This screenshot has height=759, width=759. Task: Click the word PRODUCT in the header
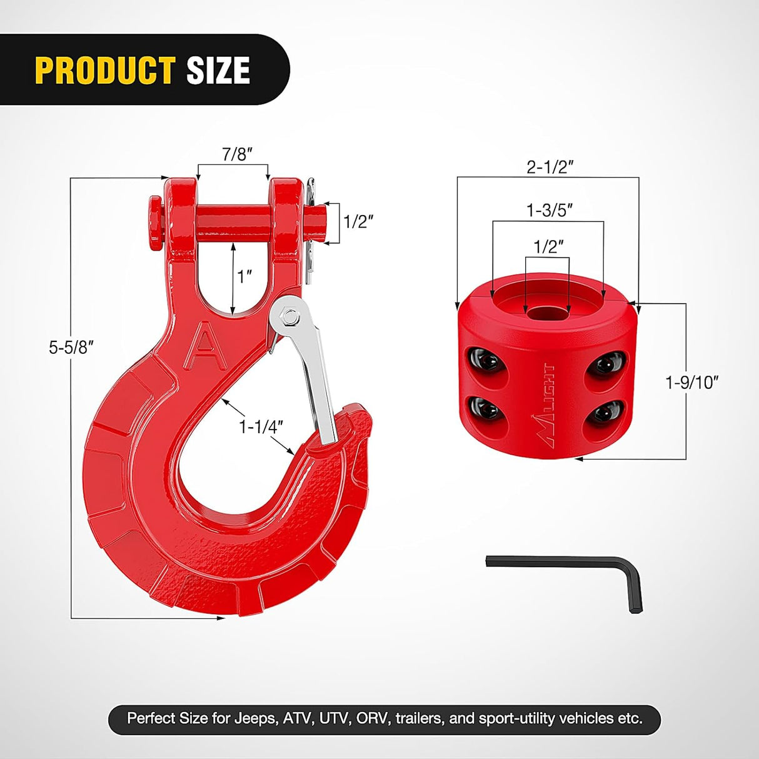click(x=105, y=70)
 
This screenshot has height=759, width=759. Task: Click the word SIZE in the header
click(x=218, y=70)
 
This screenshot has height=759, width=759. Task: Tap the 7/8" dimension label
click(x=237, y=154)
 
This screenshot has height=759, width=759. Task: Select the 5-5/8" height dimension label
click(x=71, y=347)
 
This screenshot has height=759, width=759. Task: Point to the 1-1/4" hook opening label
click(x=261, y=426)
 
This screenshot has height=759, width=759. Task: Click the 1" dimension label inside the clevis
click(x=245, y=276)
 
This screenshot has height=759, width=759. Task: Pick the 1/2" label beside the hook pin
click(x=358, y=221)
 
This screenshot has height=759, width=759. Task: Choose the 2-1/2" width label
click(x=550, y=167)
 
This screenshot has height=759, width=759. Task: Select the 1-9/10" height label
click(x=692, y=382)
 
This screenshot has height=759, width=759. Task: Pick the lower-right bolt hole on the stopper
click(x=603, y=413)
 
